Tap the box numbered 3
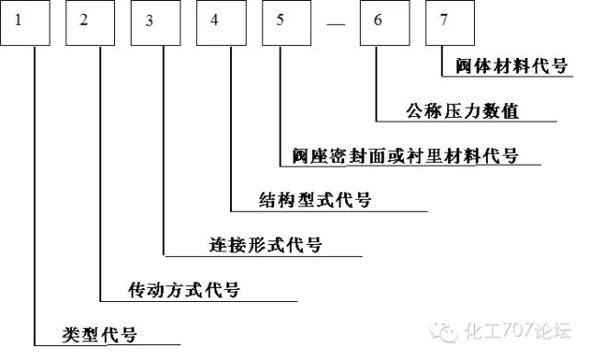[x=161, y=24]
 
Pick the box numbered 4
[x=226, y=24]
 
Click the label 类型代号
[x=98, y=333]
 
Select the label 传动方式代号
[x=184, y=290]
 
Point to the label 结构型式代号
[x=314, y=199]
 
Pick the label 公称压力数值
[x=463, y=111]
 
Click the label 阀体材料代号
[x=511, y=66]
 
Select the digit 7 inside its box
[x=445, y=21]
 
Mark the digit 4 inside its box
[x=214, y=21]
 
